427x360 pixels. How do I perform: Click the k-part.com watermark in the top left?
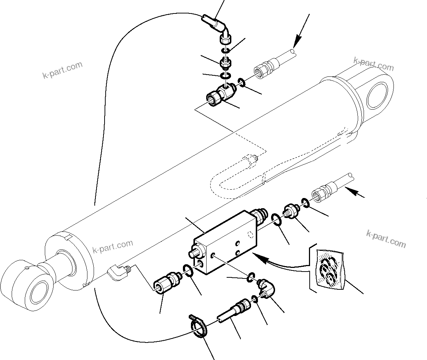[x=62, y=70]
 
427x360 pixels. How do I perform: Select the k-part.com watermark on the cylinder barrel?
[x=113, y=247]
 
